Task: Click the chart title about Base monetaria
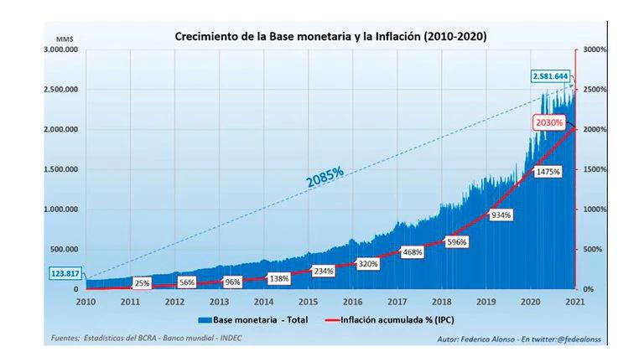330,37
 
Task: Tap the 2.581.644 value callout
550,76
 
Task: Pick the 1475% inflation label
544,171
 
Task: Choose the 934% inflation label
501,215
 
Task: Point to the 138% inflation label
279,277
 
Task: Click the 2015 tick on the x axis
308,302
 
